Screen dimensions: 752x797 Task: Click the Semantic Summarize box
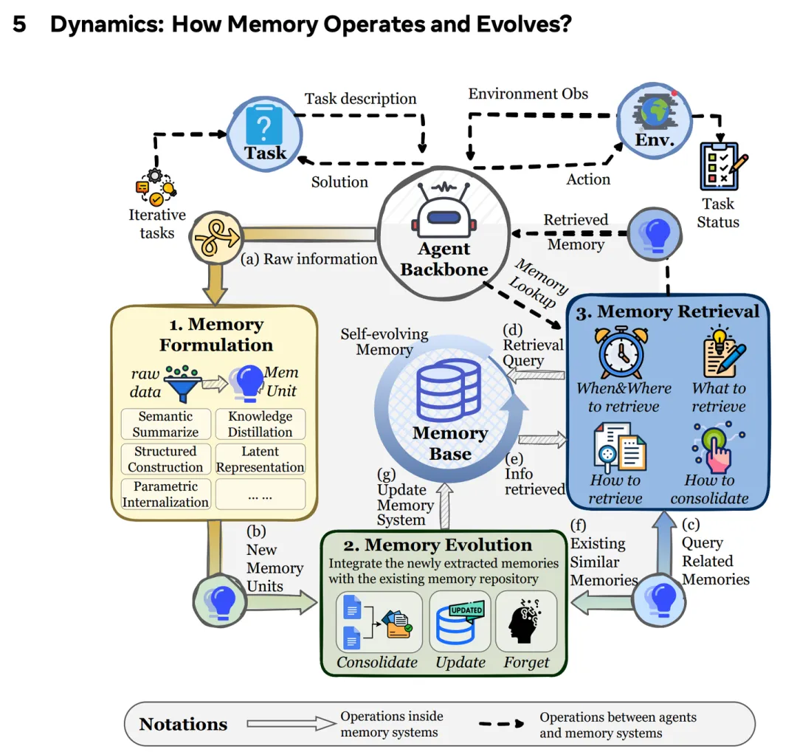[x=165, y=424]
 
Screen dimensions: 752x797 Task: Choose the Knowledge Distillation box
[x=260, y=424]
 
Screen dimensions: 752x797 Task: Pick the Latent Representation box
[x=260, y=459]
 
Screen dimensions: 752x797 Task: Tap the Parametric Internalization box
[x=165, y=494]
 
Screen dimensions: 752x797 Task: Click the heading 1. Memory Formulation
[x=215, y=334]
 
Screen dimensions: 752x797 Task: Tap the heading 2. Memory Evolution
[x=438, y=545]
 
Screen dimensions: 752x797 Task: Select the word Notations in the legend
[x=183, y=724]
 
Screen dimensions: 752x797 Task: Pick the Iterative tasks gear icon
[x=156, y=185]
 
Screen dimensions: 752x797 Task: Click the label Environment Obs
[x=528, y=94]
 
